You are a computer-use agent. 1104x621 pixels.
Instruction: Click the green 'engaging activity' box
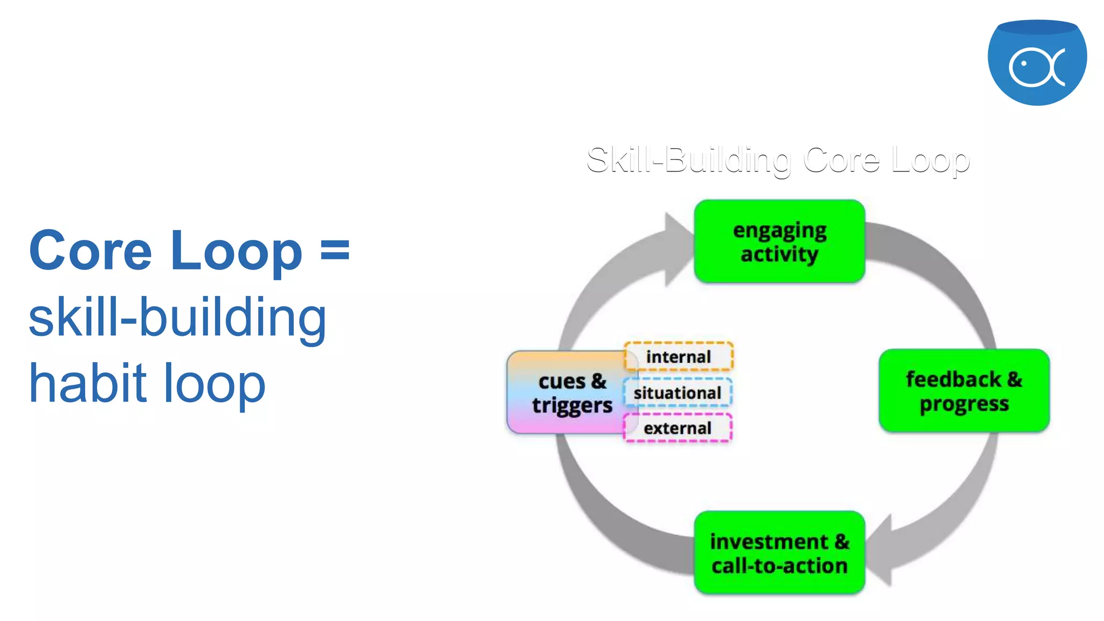(779, 241)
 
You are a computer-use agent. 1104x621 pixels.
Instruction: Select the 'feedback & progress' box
(964, 391)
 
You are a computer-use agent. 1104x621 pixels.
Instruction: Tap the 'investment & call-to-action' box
(779, 553)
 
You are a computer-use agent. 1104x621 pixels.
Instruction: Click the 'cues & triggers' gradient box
(566, 392)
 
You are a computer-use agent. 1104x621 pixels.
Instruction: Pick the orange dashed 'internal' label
(678, 357)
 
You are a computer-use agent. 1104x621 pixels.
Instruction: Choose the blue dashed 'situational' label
(677, 393)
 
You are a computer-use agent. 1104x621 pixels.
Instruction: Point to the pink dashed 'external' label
(677, 428)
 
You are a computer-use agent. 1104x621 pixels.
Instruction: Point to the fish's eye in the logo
(1024, 64)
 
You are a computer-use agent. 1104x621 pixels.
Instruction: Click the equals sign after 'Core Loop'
(335, 251)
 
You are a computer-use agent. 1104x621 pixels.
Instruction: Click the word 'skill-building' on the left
(177, 318)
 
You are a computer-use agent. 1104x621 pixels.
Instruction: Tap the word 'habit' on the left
(88, 383)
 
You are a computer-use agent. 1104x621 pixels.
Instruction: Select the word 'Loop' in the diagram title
(930, 161)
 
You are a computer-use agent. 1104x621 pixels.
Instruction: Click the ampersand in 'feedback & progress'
(1014, 379)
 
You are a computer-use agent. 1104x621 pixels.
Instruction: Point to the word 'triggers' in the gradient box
(572, 406)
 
